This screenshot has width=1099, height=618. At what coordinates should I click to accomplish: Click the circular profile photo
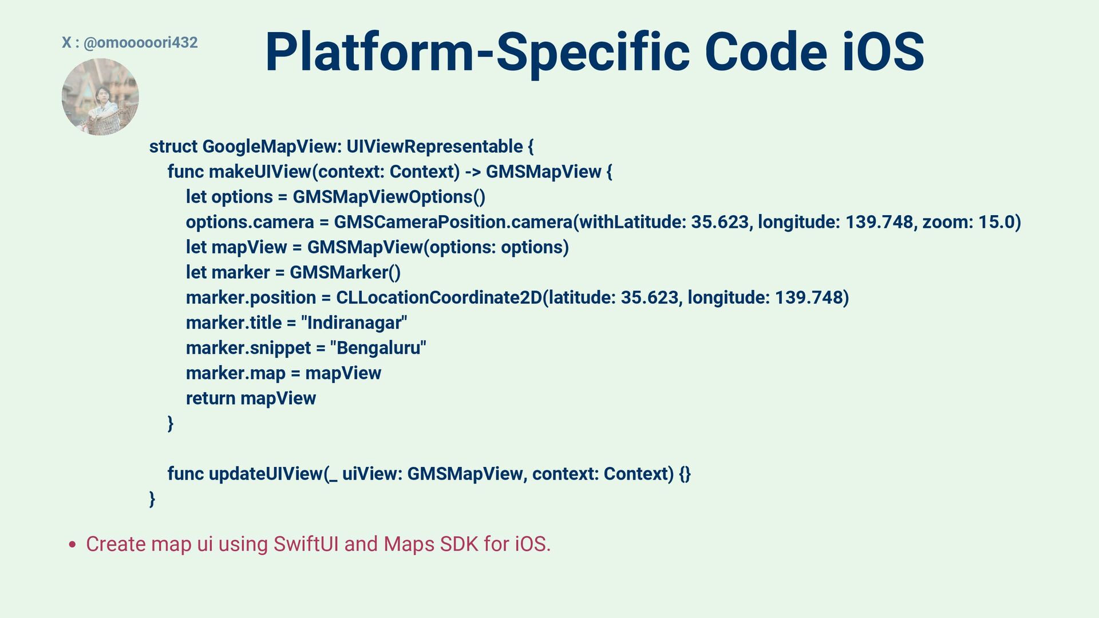point(100,97)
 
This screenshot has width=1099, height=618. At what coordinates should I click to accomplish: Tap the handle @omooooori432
point(140,42)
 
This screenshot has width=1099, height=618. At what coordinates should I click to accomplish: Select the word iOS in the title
point(883,52)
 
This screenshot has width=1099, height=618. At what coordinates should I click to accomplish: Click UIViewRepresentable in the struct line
point(434,146)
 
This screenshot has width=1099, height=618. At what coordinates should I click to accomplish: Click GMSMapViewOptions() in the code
point(389,197)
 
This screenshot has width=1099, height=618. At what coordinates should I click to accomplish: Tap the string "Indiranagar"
point(354,323)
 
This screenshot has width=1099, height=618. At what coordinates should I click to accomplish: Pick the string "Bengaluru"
point(378,348)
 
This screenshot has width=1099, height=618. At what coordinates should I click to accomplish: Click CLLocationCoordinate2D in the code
point(438,298)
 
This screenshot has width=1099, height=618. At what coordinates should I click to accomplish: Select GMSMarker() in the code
point(345,272)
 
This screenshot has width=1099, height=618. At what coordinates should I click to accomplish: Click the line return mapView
point(251,398)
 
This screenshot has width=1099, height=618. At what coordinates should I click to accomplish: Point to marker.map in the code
point(235,373)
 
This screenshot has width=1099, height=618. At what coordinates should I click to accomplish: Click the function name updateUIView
point(266,474)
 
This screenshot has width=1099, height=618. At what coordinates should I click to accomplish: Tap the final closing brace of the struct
point(152,499)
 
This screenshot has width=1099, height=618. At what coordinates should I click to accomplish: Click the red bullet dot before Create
point(72,545)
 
